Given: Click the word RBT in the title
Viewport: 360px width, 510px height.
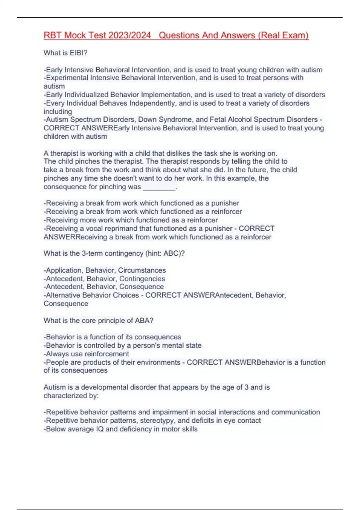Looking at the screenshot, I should coord(53,35).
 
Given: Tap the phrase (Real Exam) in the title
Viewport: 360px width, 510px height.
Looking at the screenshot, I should coord(284,35).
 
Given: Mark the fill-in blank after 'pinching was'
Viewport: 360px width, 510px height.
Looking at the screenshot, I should coord(159,187).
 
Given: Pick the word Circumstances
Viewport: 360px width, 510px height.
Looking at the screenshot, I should coord(142,270).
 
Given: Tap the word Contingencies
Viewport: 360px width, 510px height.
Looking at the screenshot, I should coord(142,279).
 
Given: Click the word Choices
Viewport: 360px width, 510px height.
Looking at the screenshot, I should coord(126,295).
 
